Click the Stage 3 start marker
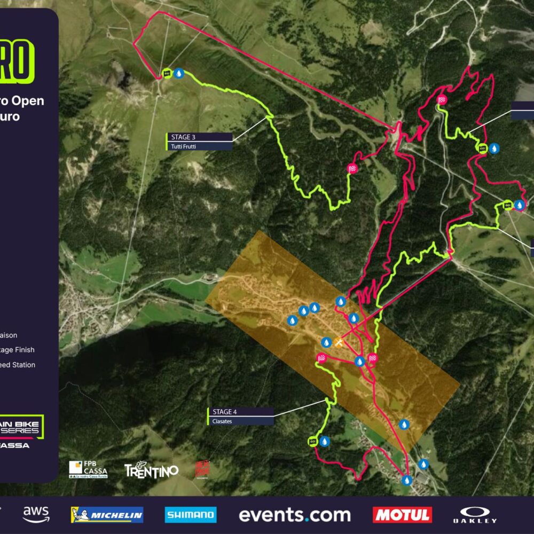[167, 73]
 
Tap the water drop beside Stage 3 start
[179, 73]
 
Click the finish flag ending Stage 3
[352, 169]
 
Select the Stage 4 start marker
[313, 441]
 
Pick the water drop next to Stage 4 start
[325, 441]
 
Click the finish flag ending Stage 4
[322, 358]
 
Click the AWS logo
[36, 515]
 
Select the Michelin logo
[107, 515]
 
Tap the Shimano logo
[191, 515]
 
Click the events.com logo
[294, 515]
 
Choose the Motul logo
[402, 515]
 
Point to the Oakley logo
[475, 515]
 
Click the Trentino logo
[151, 469]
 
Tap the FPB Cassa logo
[88, 469]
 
